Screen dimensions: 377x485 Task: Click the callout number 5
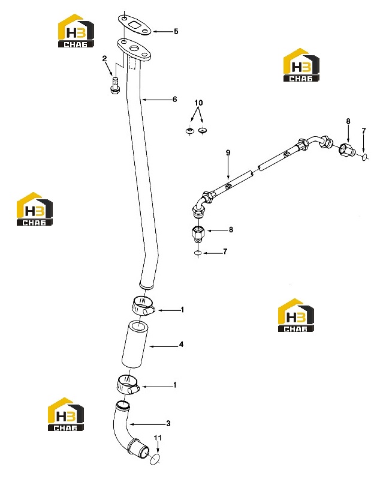[176, 31]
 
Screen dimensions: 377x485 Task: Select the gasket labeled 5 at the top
[134, 25]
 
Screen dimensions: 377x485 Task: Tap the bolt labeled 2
[115, 85]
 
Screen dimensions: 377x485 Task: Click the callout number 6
[175, 99]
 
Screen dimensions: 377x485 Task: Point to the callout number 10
[198, 103]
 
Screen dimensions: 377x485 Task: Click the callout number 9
[228, 152]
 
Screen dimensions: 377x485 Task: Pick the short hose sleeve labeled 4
[135, 345]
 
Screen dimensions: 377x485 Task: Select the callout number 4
[181, 345]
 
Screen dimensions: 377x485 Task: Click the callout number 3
[168, 423]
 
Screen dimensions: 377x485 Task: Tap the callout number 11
[158, 438]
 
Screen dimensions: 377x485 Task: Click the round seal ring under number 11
[156, 459]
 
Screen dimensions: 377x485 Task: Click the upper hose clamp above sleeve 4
[143, 306]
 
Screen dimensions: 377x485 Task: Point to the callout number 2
[105, 58]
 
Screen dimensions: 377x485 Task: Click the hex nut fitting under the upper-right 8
[347, 150]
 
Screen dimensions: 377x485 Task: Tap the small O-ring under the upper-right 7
[365, 157]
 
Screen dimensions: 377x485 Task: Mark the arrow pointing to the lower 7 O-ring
[212, 253]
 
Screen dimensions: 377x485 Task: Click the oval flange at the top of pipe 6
[134, 50]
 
